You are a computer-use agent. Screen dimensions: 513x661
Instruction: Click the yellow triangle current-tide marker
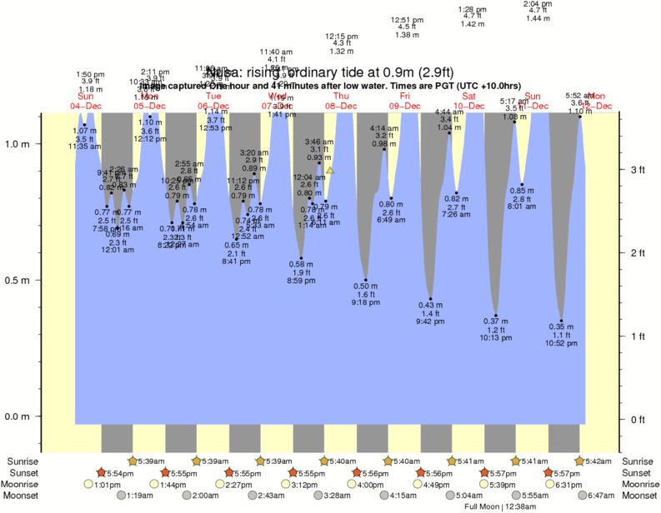pos(330,170)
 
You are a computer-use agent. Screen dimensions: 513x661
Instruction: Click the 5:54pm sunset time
pos(114,473)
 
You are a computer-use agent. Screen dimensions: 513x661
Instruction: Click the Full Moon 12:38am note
pos(500,506)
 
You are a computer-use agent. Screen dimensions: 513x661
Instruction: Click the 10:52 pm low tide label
pos(561,343)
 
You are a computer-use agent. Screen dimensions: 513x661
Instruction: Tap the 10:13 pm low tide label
pos(495,337)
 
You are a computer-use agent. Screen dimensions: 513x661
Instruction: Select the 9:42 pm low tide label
pos(430,321)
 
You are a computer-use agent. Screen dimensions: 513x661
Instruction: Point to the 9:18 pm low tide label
pos(366,301)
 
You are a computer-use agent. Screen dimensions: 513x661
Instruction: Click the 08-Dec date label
pos(342,106)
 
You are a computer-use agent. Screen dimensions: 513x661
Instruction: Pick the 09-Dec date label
pos(405,106)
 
